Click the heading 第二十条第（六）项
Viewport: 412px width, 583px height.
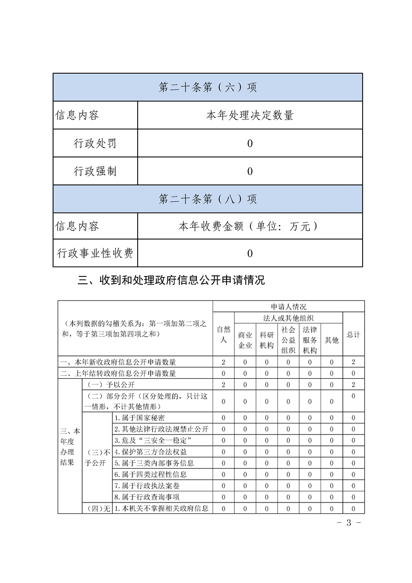208,87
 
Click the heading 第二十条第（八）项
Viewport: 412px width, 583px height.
208,199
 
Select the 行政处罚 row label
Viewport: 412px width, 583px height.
95,143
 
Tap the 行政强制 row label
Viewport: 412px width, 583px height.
95,171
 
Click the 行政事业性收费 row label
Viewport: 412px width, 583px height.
95,253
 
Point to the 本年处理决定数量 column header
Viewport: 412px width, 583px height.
250,115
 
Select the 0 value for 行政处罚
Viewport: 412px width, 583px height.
250,143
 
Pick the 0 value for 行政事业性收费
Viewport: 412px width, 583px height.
250,254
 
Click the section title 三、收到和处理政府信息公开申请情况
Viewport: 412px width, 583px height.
171,281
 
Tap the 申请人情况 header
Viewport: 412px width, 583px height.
288,307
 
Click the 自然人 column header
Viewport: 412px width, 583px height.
223,334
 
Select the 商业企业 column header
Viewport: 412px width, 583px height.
245,340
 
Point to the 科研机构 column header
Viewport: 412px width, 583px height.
267,340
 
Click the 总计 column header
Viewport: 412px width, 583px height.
353,335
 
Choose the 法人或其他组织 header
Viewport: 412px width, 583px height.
288,317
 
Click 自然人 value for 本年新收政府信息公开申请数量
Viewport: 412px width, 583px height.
223,362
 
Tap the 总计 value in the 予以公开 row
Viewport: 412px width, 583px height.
353,385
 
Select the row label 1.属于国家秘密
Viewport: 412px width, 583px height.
140,418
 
